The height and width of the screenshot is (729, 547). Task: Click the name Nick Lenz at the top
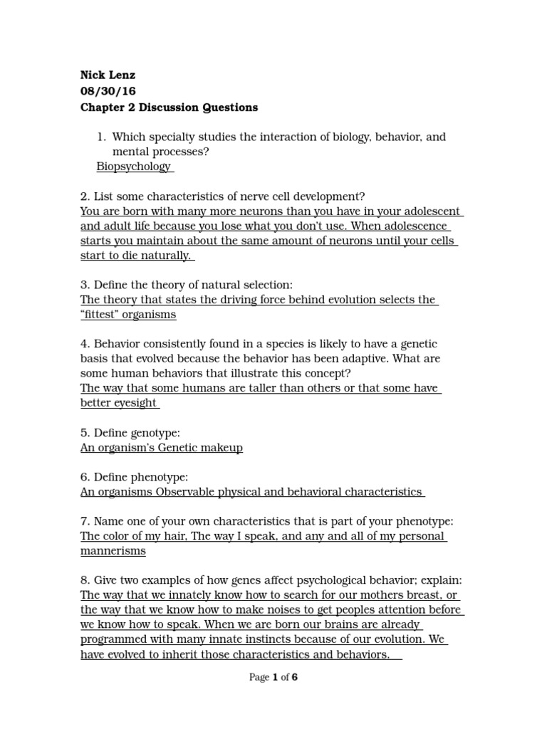click(x=108, y=75)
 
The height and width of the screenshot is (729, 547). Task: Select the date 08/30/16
click(x=108, y=91)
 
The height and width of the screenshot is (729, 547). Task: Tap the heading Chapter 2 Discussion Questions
click(x=169, y=107)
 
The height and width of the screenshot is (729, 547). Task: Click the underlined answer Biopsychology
click(x=134, y=166)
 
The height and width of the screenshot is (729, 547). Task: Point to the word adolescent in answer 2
click(x=431, y=211)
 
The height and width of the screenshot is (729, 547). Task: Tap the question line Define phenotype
click(x=134, y=476)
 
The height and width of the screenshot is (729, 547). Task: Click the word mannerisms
click(x=113, y=550)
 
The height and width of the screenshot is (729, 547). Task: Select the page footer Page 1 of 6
click(x=273, y=677)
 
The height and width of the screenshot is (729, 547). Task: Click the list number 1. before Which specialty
click(x=100, y=137)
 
